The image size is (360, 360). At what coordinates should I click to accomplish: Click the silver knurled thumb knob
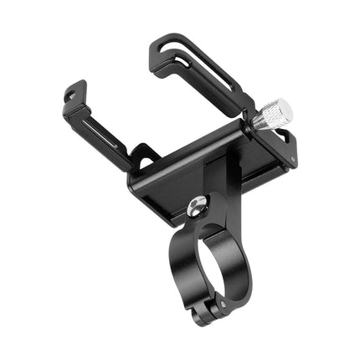point(273,115)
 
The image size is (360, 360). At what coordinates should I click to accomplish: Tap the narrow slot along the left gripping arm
point(105,134)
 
